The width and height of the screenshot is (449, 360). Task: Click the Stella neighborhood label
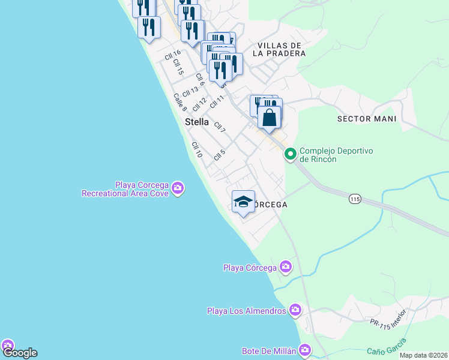tap(197, 122)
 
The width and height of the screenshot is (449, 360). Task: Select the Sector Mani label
tap(367, 119)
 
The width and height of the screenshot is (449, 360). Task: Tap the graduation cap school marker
tap(243, 202)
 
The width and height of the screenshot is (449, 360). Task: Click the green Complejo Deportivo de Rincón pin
tap(291, 155)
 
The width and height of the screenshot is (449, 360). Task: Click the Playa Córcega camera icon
tap(286, 266)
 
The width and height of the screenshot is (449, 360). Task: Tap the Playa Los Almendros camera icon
tap(295, 310)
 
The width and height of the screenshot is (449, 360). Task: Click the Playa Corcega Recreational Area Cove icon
tap(177, 188)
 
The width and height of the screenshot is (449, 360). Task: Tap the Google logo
tap(19, 353)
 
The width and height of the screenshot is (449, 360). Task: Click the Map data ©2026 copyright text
tap(423, 355)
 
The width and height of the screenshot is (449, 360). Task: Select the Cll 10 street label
tap(197, 150)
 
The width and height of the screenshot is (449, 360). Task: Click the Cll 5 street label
tap(219, 154)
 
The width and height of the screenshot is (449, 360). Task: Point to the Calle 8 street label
tap(180, 102)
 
